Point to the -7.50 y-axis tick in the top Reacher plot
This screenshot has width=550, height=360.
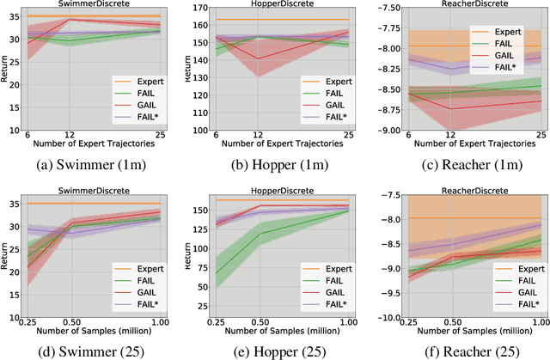pos(383,9)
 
